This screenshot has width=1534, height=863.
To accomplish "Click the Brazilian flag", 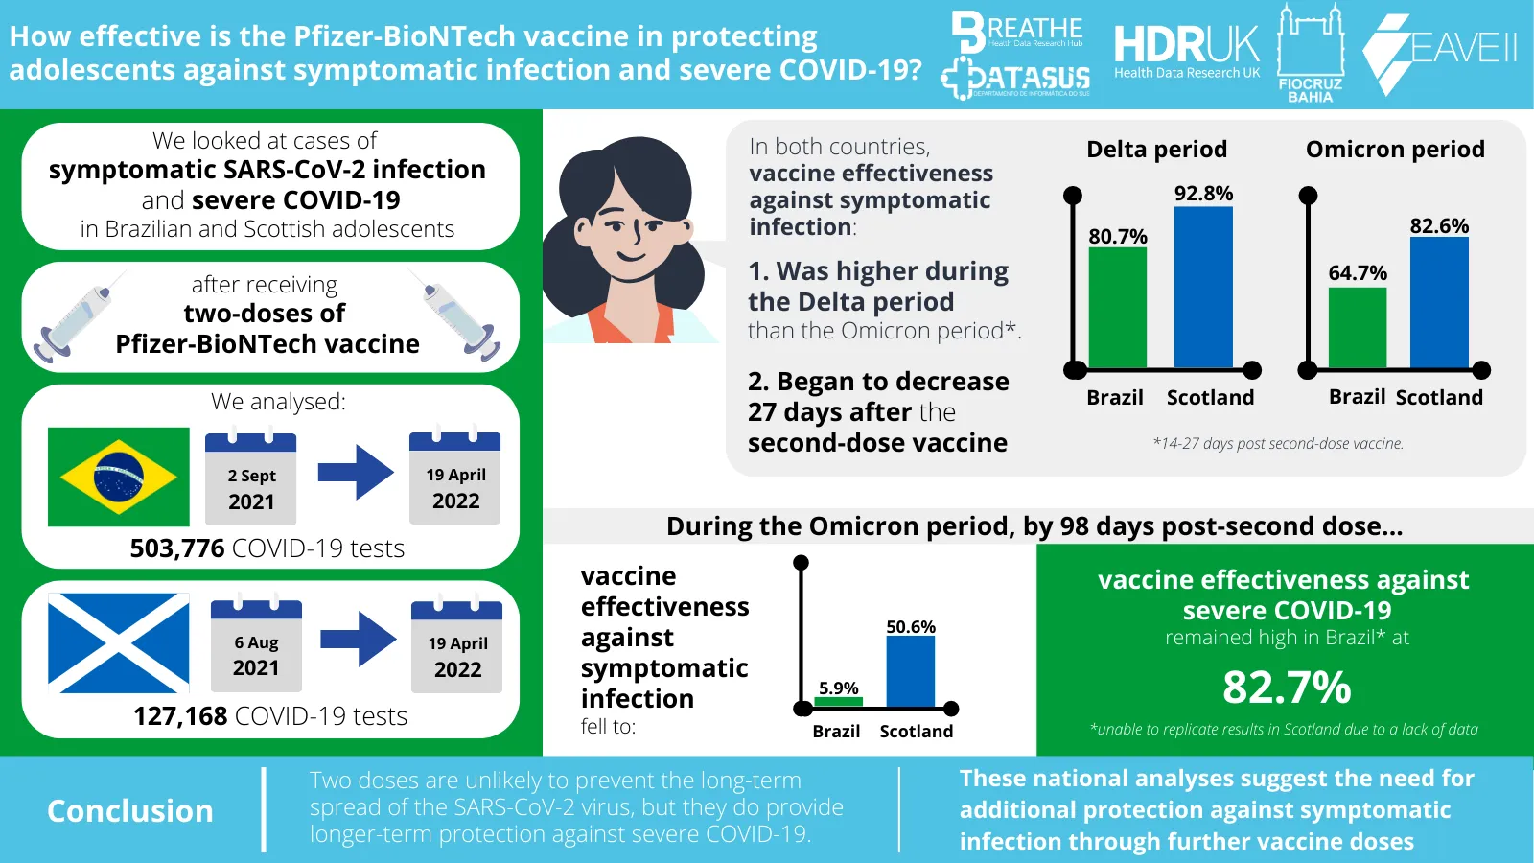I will click(119, 477).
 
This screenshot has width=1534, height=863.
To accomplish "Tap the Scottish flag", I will click(119, 642).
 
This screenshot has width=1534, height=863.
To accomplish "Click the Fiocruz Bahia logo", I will click(1311, 53).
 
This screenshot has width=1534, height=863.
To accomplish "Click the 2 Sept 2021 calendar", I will click(251, 478).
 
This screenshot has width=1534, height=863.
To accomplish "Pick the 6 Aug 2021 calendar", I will click(256, 645).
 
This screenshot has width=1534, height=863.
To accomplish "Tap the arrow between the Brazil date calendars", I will click(356, 472).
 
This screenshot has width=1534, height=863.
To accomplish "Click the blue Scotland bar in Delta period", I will click(1203, 287).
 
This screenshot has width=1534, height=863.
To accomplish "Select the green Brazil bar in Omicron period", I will click(1358, 327).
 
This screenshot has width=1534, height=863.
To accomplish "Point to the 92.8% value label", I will click(1203, 194).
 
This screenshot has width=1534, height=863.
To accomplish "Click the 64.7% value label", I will click(1358, 273).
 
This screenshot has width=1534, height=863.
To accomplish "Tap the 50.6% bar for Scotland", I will click(910, 672).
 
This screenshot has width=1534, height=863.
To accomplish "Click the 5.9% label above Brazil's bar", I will click(838, 688).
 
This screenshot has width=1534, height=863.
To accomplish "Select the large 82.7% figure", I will click(1287, 688).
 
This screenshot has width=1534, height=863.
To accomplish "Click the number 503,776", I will click(177, 548).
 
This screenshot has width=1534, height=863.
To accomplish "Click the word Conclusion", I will click(130, 811).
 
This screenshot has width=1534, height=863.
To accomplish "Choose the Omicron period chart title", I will click(1395, 150).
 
